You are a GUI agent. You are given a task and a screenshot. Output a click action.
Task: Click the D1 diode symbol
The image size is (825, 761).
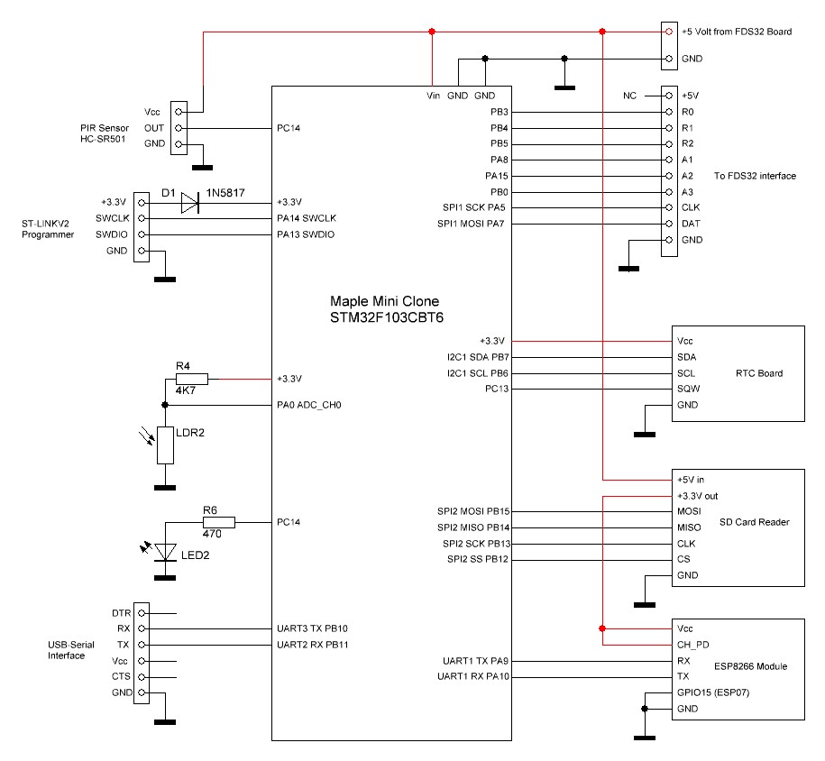[190, 203]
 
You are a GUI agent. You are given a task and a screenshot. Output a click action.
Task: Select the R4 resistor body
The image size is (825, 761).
[192, 379]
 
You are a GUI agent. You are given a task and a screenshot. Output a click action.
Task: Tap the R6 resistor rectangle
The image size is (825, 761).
[219, 522]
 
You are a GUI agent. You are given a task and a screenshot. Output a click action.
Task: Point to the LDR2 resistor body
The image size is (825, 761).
[165, 445]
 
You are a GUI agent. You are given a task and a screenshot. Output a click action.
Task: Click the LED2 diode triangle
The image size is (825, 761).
[165, 552]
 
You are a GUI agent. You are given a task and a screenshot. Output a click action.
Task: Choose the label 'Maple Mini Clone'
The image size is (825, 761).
[385, 301]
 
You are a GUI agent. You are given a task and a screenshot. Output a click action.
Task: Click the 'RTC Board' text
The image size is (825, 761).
[759, 373]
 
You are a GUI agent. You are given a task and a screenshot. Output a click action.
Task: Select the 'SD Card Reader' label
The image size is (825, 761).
[755, 522]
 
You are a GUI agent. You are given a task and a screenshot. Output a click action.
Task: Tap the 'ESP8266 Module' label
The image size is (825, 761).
[751, 666]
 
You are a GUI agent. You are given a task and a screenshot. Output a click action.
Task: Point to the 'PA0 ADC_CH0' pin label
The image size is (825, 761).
[309, 405]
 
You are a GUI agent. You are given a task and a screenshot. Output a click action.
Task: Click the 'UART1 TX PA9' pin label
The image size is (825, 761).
[476, 661]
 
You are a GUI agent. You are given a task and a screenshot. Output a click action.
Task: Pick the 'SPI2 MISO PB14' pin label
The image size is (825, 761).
[473, 527]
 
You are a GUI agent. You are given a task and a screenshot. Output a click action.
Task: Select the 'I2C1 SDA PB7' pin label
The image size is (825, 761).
[478, 357]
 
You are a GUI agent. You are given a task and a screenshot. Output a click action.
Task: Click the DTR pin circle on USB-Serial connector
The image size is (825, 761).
[141, 613]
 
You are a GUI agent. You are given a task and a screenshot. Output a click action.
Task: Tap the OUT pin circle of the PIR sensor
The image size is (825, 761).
[179, 128]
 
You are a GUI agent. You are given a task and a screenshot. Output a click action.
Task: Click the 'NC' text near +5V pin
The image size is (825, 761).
[630, 96]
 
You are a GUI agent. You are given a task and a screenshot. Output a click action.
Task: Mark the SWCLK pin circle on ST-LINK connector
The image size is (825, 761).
[141, 218]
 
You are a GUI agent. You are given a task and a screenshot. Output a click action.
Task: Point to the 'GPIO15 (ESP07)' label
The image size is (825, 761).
[713, 692]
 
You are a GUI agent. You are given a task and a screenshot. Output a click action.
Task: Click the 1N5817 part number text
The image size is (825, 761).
[225, 193]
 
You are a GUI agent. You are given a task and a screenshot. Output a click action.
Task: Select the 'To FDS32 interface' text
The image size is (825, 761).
[755, 176]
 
